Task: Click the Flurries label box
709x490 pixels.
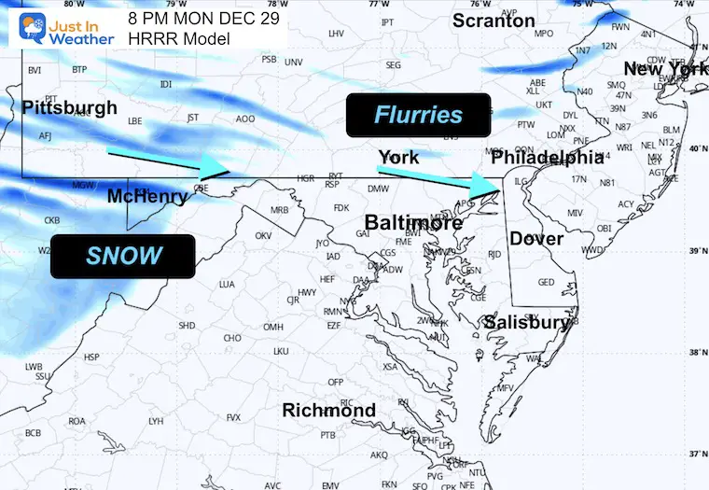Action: point(418,116)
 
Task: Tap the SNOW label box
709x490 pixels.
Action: point(123,256)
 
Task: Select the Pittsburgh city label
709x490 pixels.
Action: point(70,107)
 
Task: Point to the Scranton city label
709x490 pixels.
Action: point(494,21)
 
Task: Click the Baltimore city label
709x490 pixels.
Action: point(413,223)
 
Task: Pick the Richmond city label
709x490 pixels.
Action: point(329,411)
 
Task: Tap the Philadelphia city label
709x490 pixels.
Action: point(548,158)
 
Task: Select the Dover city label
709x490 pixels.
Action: point(535,239)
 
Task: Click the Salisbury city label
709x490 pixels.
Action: point(525,323)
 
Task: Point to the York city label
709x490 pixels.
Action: point(398,157)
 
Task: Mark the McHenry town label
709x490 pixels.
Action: point(147,197)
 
